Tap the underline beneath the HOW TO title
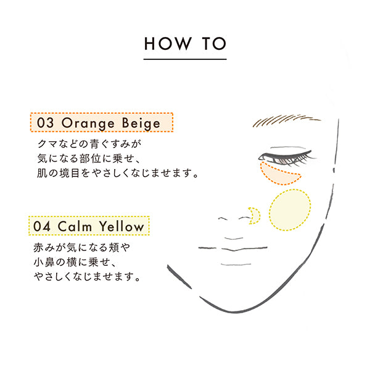coord(185,59)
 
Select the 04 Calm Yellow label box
coord(89,226)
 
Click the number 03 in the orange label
coord(45,123)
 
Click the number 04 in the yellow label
coord(44,226)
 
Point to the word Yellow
coord(122,226)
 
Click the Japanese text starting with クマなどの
coord(89,144)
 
